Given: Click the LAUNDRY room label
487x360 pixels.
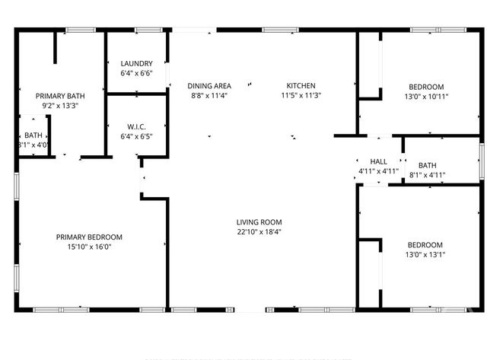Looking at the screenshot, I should click(x=136, y=64).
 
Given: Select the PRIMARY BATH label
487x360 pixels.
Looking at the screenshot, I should click(x=61, y=96).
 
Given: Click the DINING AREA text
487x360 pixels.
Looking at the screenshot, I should click(x=209, y=86).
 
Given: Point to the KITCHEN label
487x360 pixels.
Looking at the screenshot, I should click(x=301, y=86).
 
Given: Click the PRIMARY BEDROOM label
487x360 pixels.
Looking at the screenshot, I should click(x=89, y=237).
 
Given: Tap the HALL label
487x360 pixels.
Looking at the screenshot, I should click(x=378, y=162).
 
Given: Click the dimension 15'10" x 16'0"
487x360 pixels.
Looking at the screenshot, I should click(x=89, y=247).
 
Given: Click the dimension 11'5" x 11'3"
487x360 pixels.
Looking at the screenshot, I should click(x=301, y=96).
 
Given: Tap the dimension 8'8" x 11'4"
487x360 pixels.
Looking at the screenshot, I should click(x=209, y=96).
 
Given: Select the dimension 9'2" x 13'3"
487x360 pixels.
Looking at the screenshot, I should click(x=61, y=106).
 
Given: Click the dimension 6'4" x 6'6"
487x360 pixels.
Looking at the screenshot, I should click(x=136, y=74).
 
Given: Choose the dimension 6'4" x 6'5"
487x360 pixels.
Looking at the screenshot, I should click(x=136, y=137).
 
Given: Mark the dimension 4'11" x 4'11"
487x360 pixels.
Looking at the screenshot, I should click(x=378, y=172).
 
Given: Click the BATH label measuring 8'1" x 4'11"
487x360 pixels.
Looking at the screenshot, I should click(x=427, y=165).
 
